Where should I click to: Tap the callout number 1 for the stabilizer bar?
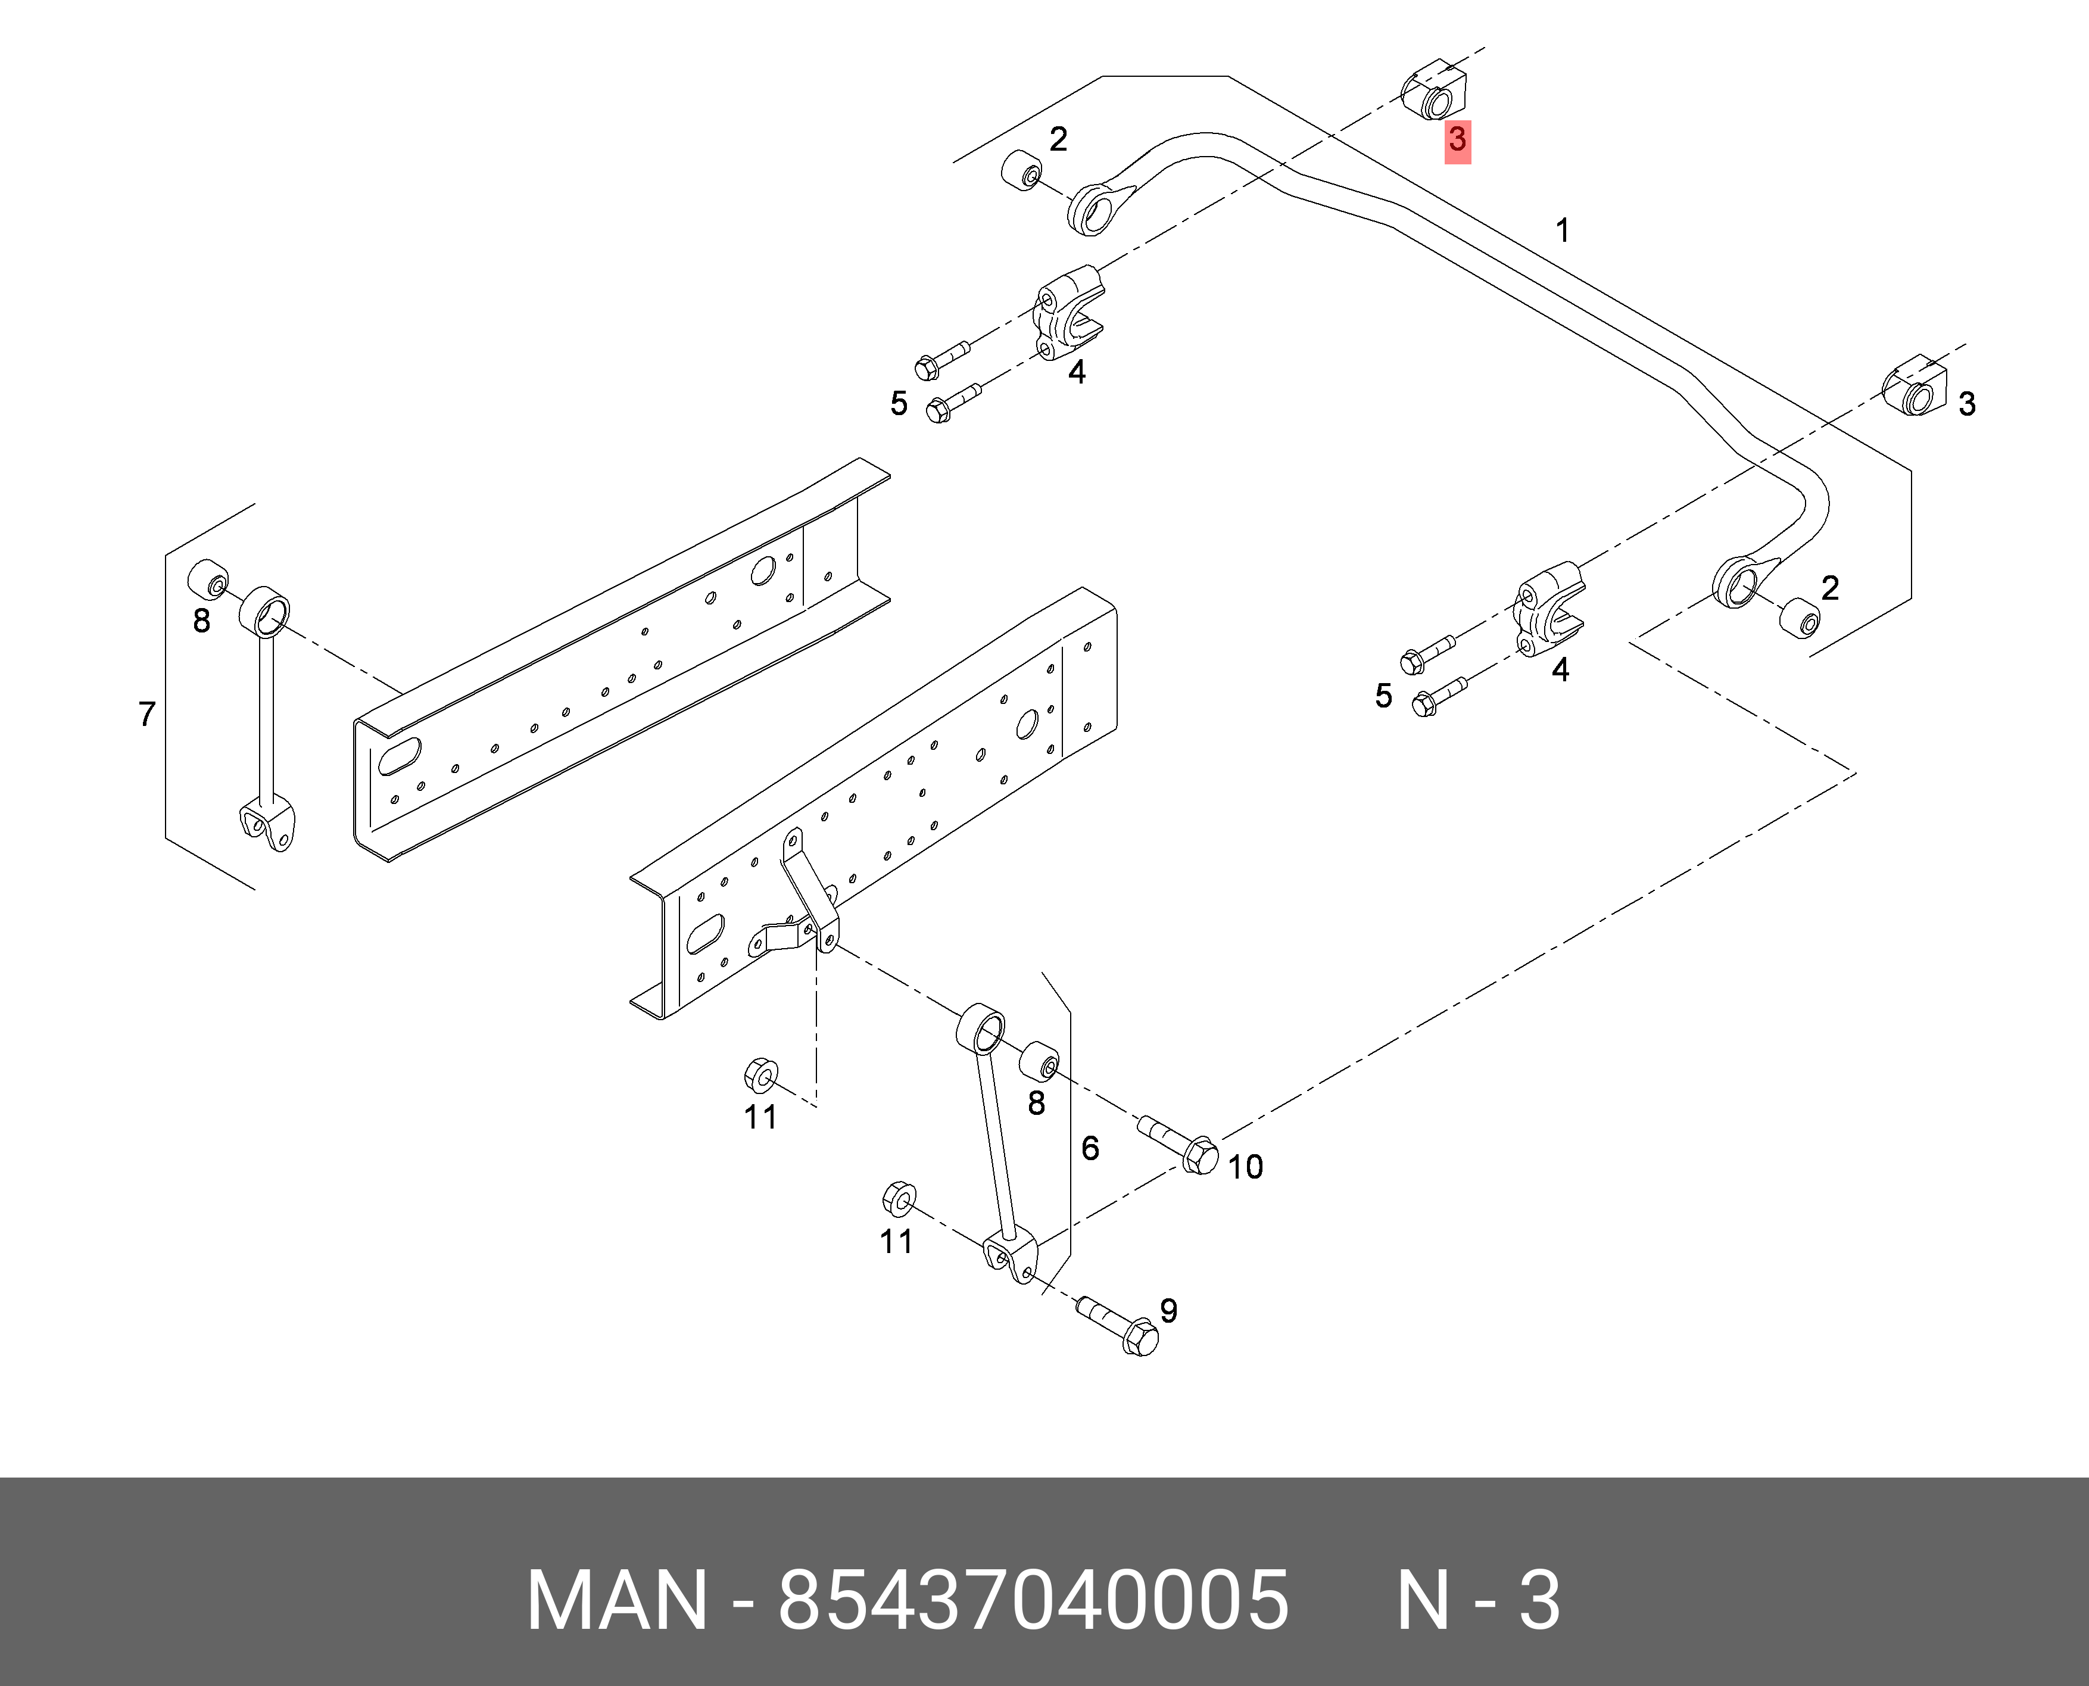point(1563,231)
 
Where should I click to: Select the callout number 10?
point(1245,1167)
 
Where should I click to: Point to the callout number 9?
point(1168,1311)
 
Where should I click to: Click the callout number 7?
point(146,715)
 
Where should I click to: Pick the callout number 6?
point(1090,1148)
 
